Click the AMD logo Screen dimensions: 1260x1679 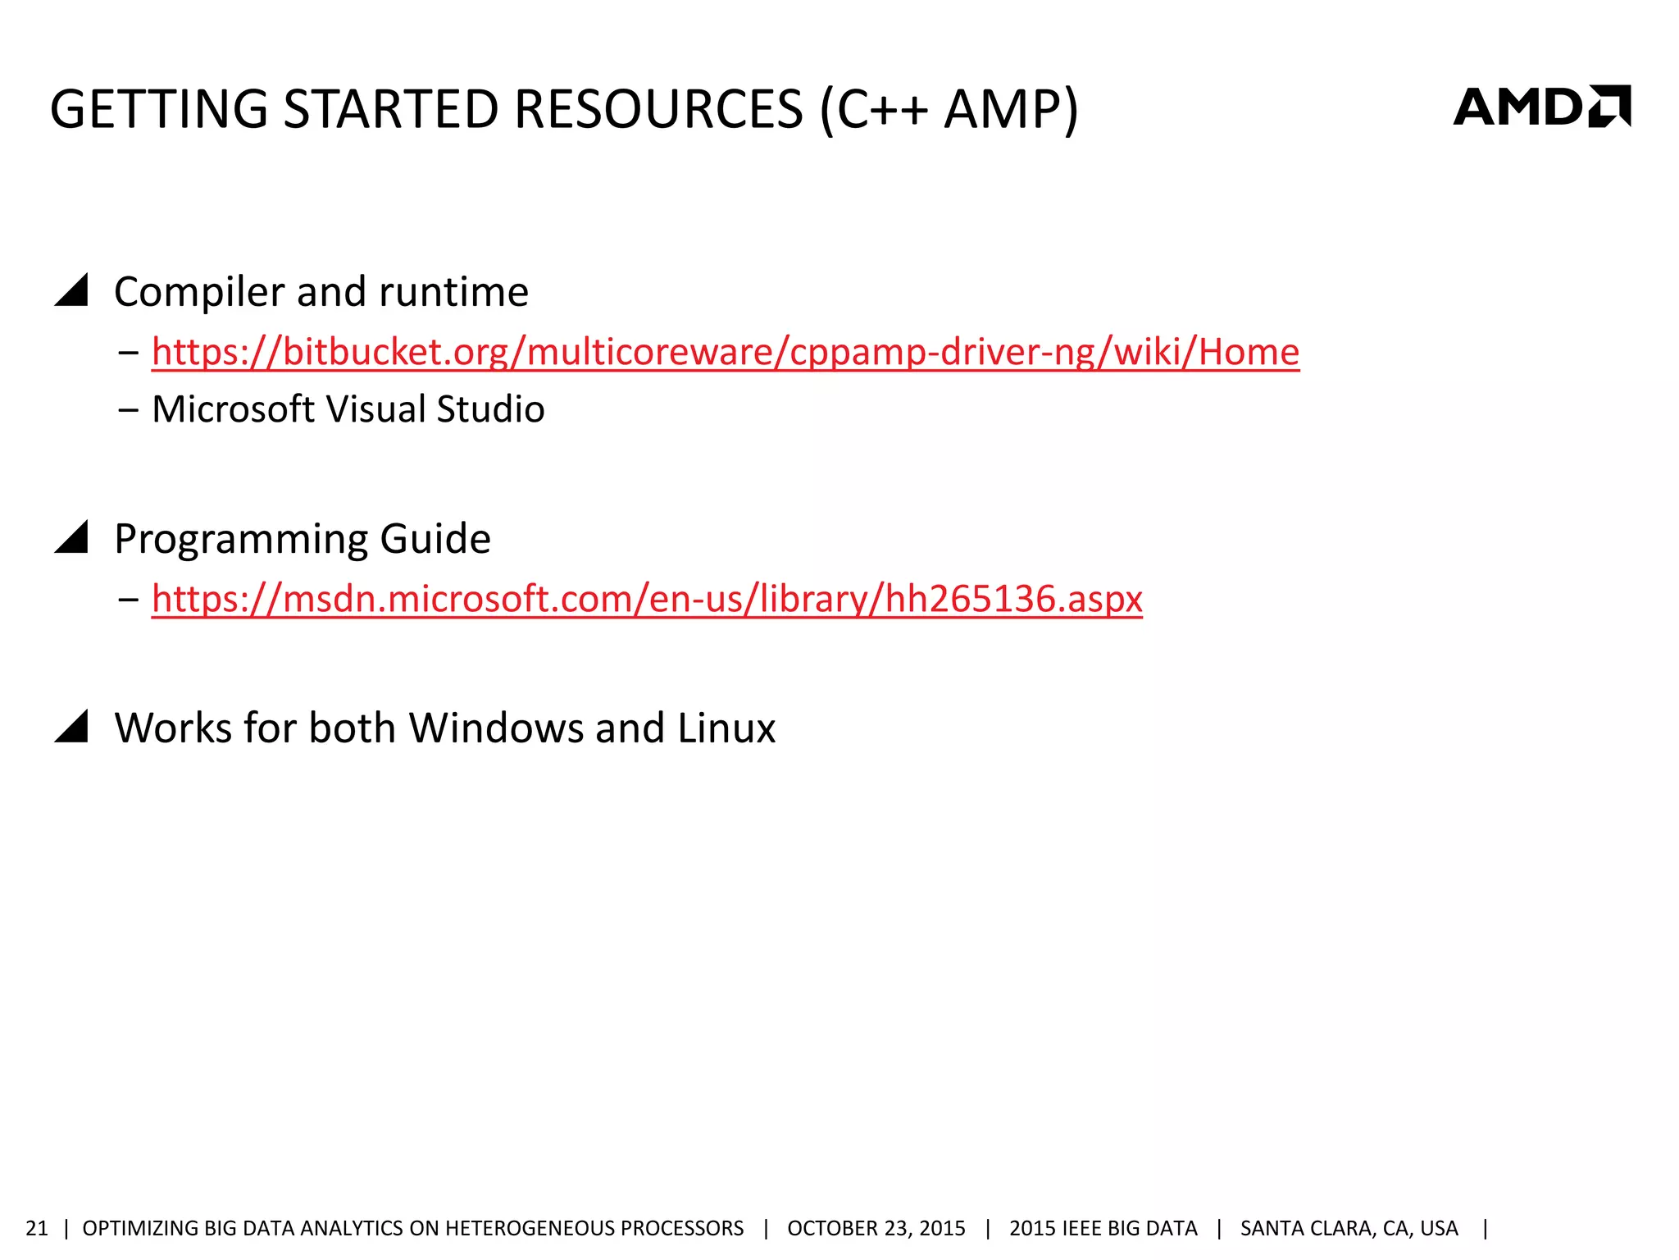(1541, 107)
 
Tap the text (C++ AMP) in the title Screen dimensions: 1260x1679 (949, 109)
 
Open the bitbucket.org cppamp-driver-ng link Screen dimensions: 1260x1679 (725, 352)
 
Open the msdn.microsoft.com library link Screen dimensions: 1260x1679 (646, 599)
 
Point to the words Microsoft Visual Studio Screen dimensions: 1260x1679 (348, 409)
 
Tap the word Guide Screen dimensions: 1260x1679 (435, 540)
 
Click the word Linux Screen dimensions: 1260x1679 (726, 728)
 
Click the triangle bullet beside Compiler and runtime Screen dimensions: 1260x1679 (72, 291)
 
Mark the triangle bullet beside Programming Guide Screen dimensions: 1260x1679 (72, 538)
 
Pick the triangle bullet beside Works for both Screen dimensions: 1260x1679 (72, 727)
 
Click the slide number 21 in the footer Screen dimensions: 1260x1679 (37, 1228)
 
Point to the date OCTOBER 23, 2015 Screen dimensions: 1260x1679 (876, 1228)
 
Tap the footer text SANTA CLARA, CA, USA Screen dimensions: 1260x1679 (1349, 1228)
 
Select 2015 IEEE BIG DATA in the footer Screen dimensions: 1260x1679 (1103, 1228)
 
